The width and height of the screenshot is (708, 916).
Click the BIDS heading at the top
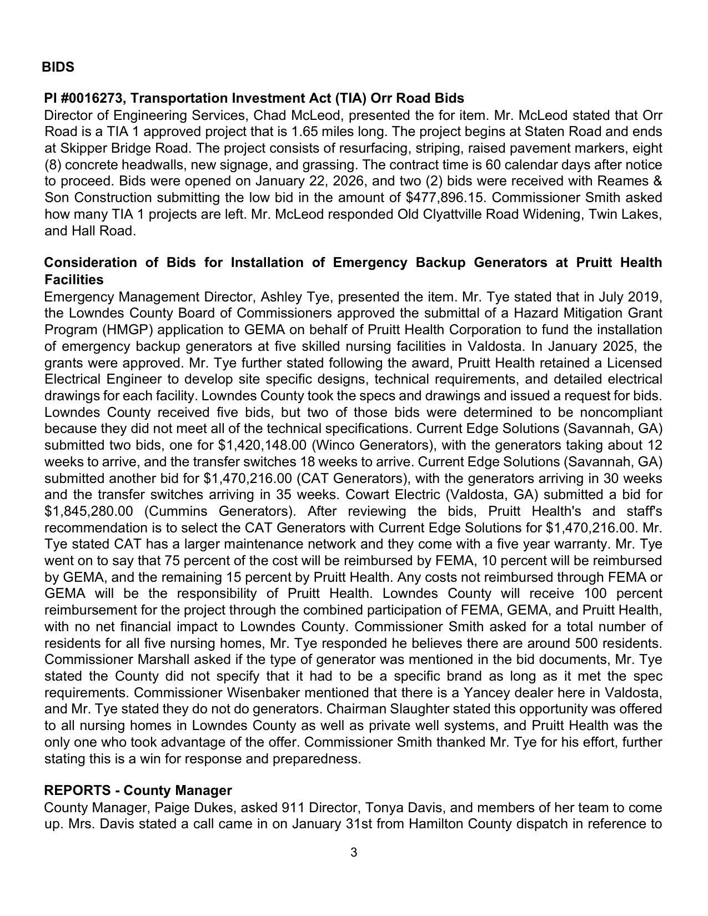[58, 67]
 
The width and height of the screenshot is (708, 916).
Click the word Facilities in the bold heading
[74, 279]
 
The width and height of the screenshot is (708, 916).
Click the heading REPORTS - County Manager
[138, 790]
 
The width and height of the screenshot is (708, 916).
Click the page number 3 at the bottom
[354, 853]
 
